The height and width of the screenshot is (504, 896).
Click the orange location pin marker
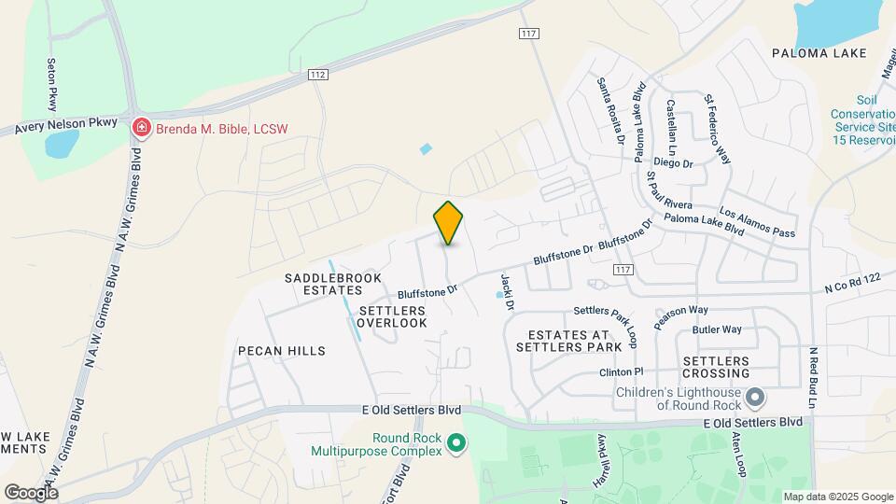[449, 223]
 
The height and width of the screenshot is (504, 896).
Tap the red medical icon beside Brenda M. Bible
[141, 128]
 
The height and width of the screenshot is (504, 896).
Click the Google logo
[31, 492]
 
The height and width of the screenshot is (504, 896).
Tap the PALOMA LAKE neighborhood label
[819, 53]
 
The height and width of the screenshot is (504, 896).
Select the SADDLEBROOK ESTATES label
[323, 284]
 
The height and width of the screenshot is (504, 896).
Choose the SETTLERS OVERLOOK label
[392, 316]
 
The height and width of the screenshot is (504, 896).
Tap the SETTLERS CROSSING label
[716, 367]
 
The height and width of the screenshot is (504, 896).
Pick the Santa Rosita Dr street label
[611, 110]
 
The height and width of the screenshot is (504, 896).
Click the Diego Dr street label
[673, 162]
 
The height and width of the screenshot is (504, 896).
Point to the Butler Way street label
[717, 329]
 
